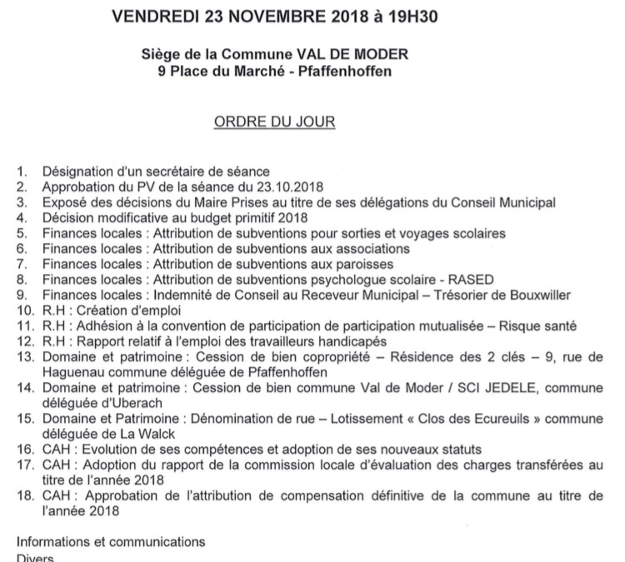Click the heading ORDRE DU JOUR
click(275, 122)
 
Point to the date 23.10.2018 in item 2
click(291, 187)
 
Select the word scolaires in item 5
click(477, 233)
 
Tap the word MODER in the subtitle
click(383, 56)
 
